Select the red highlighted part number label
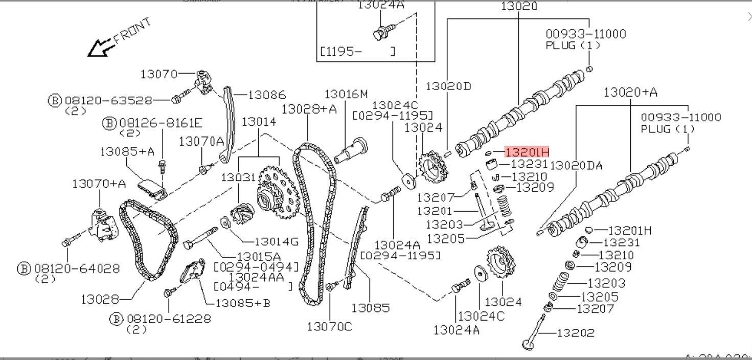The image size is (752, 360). [527, 152]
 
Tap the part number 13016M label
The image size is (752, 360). [346, 94]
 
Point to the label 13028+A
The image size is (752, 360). [309, 109]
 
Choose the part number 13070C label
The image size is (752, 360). [329, 326]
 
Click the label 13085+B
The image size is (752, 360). [243, 303]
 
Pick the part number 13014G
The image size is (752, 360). [276, 242]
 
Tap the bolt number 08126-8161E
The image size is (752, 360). [161, 123]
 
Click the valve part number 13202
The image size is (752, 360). [576, 333]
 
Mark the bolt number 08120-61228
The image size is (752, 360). [168, 319]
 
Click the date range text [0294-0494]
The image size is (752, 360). [256, 267]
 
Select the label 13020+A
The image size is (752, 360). [630, 92]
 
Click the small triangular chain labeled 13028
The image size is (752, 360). [148, 240]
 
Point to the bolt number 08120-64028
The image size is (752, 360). [77, 268]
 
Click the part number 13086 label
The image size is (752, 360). [267, 95]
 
